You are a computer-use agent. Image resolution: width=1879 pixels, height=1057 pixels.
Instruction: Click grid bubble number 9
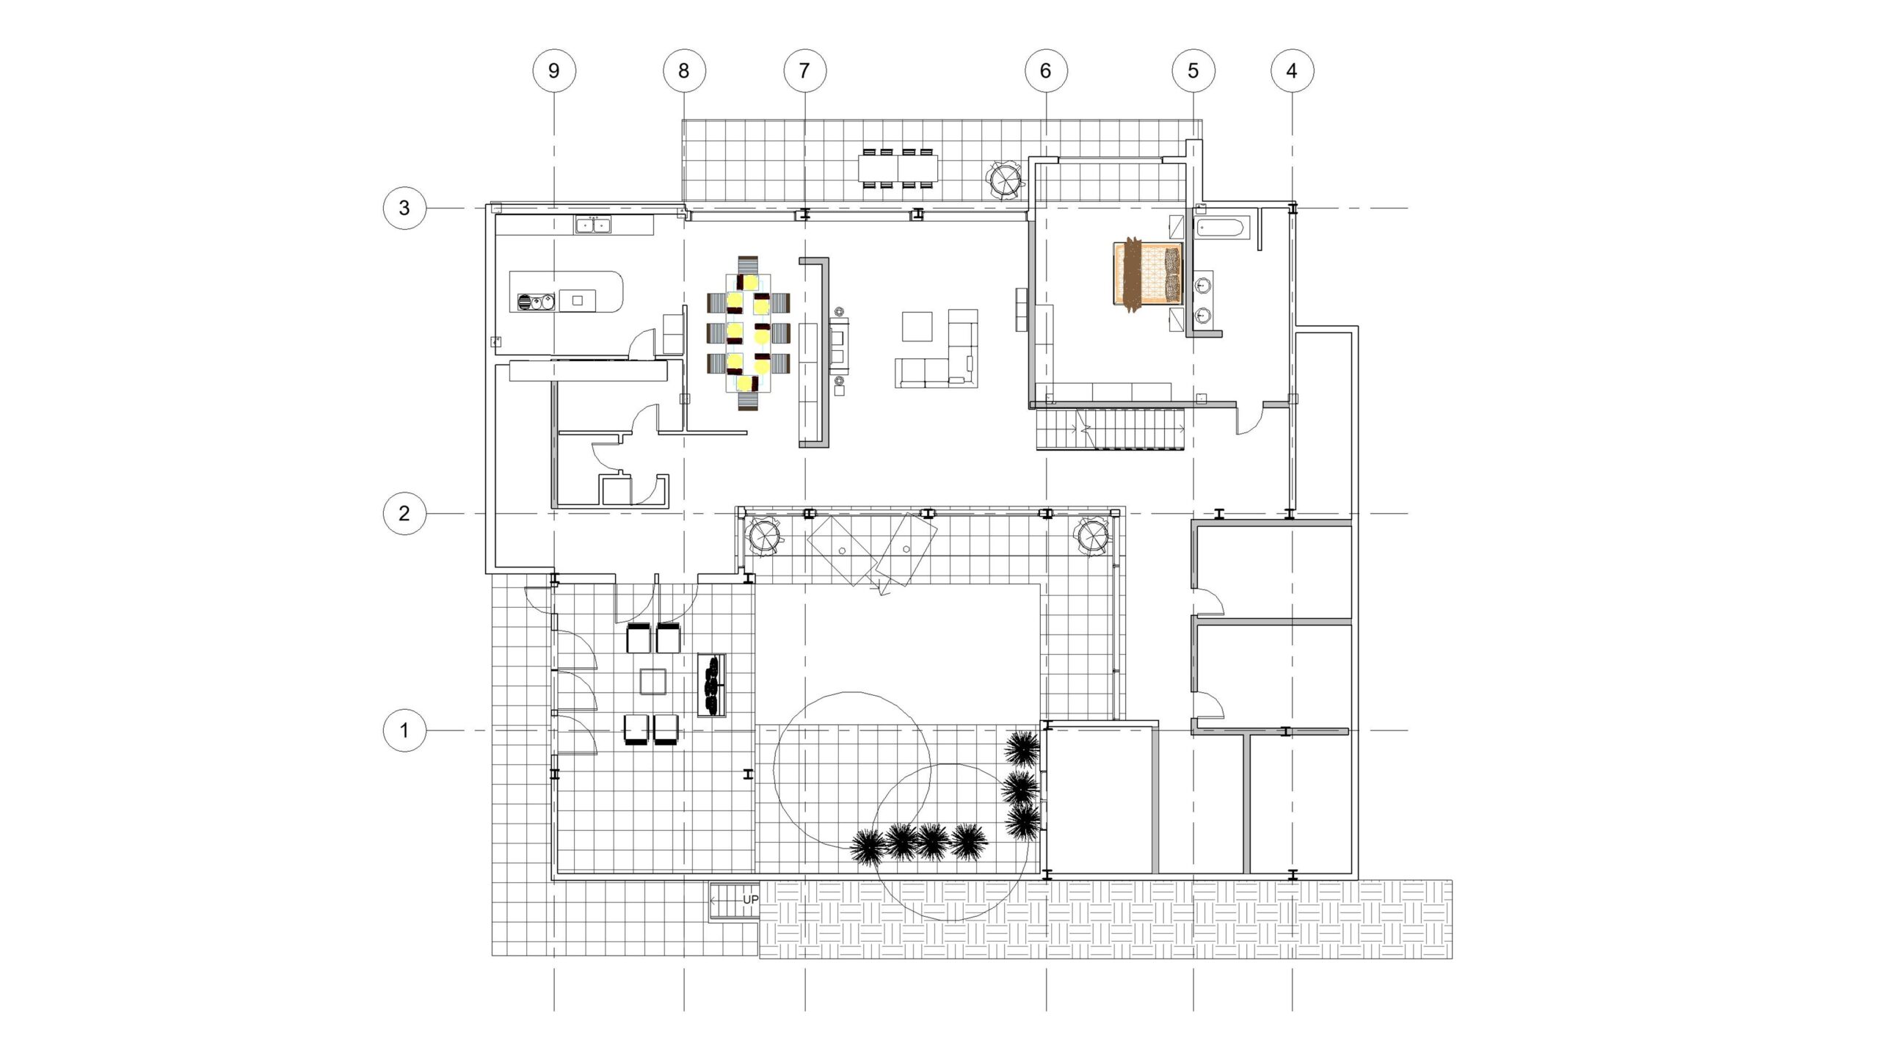554,70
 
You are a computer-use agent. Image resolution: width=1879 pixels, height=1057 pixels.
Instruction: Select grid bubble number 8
684,70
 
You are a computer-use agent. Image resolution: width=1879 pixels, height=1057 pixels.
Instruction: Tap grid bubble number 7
804,70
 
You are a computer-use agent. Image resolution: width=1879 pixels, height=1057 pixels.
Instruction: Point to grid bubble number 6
1046,70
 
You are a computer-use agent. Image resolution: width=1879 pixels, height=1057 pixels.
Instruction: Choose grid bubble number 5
1193,70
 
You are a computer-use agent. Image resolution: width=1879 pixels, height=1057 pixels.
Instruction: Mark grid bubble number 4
1292,70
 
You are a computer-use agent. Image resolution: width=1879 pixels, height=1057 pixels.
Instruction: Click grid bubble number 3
404,208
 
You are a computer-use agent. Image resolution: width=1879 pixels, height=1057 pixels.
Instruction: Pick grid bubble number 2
404,513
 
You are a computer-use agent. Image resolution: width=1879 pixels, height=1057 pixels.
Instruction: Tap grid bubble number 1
404,730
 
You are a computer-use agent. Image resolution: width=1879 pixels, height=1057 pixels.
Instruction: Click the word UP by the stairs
750,900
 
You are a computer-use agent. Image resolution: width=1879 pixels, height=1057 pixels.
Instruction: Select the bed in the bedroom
1148,274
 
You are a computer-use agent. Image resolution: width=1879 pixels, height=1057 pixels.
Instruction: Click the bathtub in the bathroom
1223,227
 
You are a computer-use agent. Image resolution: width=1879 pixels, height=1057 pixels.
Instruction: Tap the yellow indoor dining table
749,334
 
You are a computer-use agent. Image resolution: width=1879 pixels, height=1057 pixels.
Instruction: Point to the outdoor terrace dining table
898,169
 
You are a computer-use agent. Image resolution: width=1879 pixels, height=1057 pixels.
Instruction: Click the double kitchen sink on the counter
594,225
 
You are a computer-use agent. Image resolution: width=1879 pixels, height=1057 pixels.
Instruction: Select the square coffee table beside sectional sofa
917,327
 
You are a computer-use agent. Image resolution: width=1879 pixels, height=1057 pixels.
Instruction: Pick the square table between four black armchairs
653,681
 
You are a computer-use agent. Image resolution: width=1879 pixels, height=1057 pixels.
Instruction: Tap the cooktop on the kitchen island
536,302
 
